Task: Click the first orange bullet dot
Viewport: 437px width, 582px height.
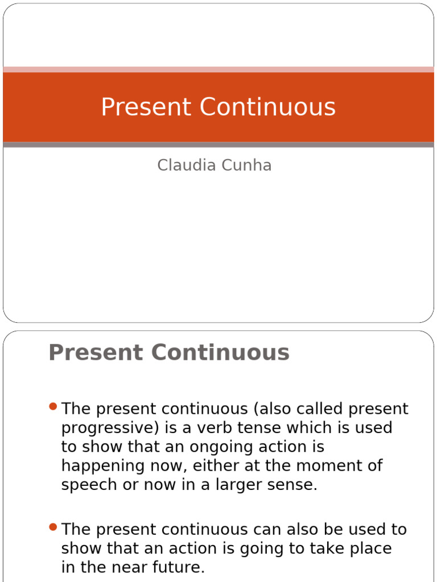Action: [x=53, y=406]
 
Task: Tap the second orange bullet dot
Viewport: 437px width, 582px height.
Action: [x=53, y=527]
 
